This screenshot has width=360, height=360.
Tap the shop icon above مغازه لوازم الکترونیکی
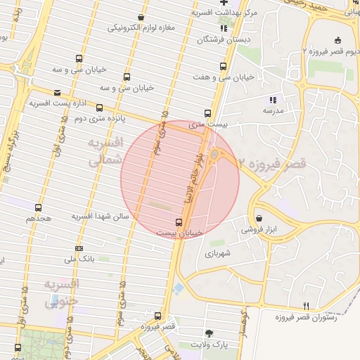tap(141, 17)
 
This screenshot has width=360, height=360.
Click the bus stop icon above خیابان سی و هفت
tap(223, 66)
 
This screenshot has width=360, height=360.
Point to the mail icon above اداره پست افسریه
tap(57, 92)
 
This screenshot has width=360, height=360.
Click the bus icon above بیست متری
tap(207, 112)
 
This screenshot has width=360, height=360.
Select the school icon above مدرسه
tap(273, 100)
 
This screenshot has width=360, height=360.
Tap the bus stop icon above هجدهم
tap(38, 207)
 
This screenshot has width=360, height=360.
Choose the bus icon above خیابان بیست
tap(177, 222)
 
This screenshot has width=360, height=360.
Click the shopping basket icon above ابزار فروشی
tap(260, 219)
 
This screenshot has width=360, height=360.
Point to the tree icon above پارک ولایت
tap(208, 333)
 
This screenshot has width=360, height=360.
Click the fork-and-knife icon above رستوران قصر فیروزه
tap(305, 306)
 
